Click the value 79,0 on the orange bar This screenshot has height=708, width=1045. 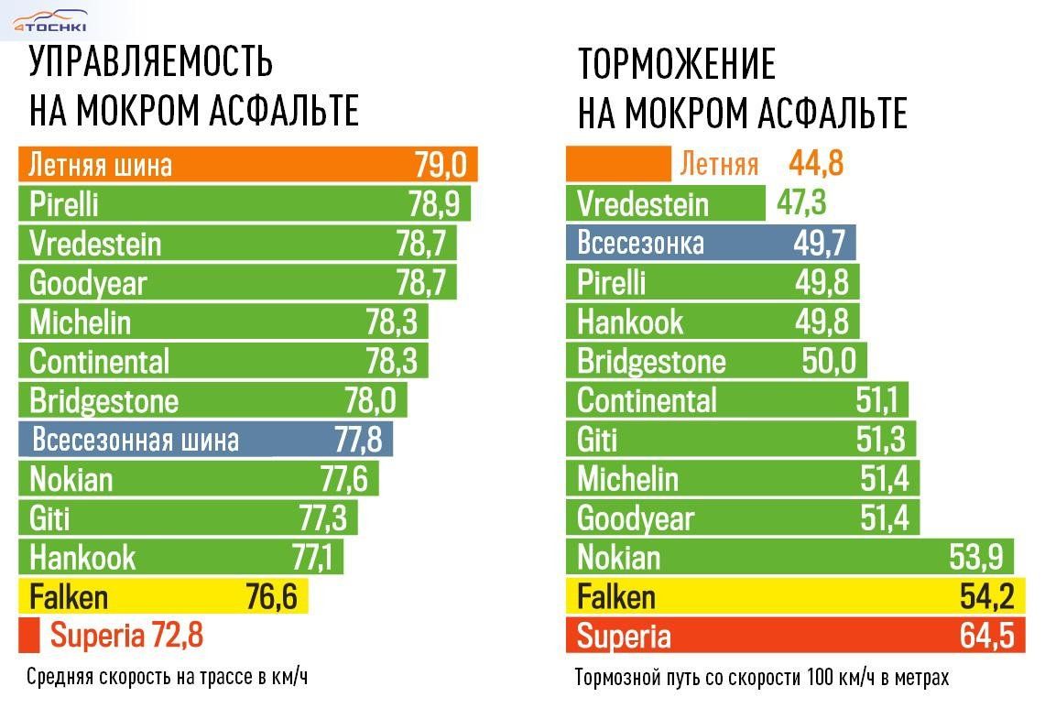tap(441, 165)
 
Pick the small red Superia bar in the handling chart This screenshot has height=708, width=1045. tap(29, 634)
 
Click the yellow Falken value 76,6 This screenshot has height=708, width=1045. tap(271, 597)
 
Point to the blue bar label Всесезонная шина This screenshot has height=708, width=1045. tap(136, 440)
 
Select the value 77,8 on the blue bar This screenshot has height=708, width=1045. tap(358, 440)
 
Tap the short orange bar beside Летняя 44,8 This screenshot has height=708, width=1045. tap(619, 164)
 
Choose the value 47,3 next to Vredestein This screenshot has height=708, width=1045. tap(801, 203)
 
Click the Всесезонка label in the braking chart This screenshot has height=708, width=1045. tap(640, 243)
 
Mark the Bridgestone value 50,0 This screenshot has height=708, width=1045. tap(829, 361)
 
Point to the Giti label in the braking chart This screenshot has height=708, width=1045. tap(597, 440)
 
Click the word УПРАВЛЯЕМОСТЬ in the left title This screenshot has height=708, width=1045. tap(151, 61)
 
